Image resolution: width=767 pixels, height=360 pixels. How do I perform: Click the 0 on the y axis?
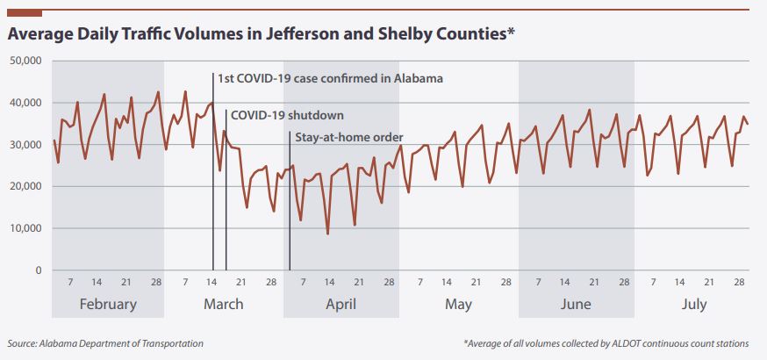39,270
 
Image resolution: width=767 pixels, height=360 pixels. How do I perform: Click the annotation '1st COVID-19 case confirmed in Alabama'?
330,79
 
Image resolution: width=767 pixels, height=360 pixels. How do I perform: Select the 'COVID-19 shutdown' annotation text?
287,115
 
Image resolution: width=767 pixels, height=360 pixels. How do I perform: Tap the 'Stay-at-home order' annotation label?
349,137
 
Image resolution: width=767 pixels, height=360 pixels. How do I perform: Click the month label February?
108,305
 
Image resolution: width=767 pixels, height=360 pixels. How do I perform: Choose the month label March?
224,305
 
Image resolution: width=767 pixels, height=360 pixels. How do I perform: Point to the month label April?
340,305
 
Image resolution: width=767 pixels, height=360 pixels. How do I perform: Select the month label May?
458,305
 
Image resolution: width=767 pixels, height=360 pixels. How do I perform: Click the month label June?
576,305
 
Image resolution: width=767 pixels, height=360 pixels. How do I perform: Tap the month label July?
693,305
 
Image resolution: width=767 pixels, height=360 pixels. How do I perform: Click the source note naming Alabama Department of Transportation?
105,343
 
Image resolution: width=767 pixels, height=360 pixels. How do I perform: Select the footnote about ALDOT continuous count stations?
606,343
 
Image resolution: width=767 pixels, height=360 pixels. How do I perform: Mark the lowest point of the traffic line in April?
328,234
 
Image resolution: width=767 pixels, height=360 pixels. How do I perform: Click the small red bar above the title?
25,13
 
